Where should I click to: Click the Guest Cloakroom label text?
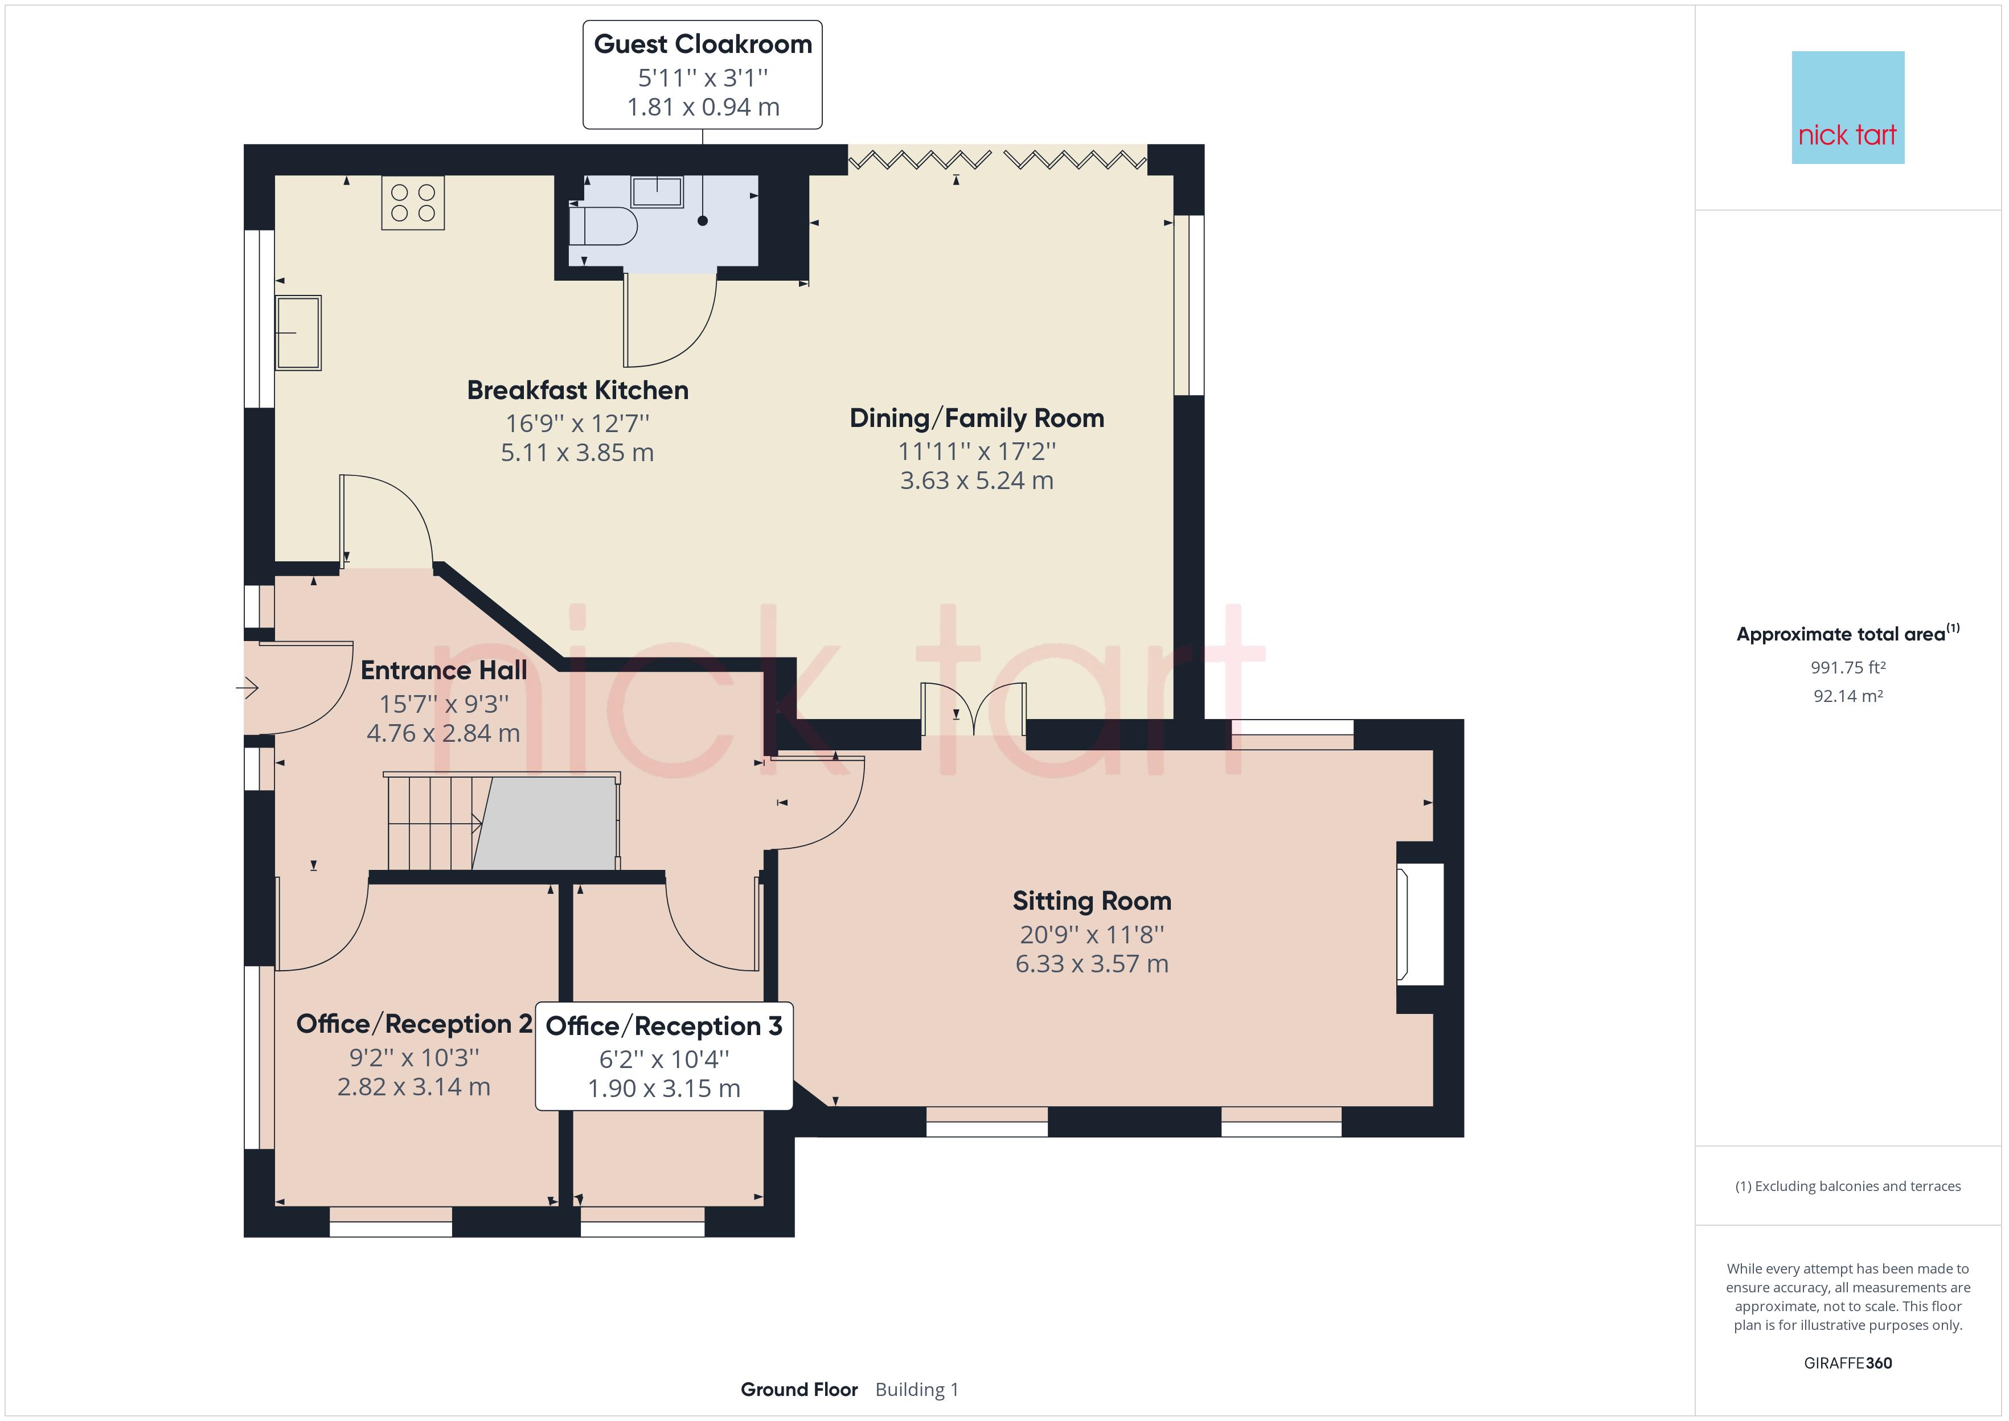(x=703, y=44)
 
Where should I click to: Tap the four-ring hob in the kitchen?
(x=413, y=203)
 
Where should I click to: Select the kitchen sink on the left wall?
(x=298, y=332)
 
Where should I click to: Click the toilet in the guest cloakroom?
(x=603, y=226)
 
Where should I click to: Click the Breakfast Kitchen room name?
(x=577, y=390)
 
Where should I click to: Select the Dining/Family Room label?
(x=977, y=418)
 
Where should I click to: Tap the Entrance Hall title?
(x=444, y=670)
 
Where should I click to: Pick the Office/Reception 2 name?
(x=414, y=1024)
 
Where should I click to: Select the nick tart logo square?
(x=1848, y=108)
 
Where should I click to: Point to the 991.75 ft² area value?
(x=1848, y=668)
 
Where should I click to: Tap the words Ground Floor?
(x=799, y=1390)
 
